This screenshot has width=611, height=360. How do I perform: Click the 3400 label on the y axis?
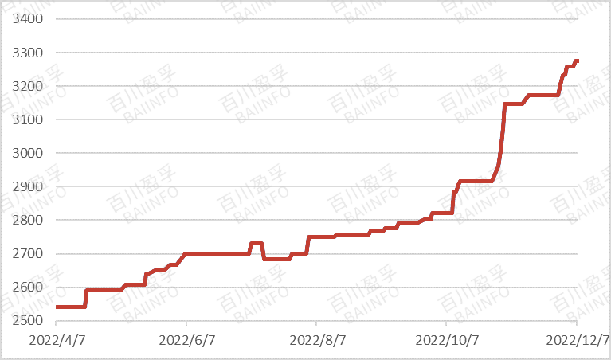[x=29, y=19]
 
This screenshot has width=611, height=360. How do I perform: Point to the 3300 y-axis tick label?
[x=29, y=53]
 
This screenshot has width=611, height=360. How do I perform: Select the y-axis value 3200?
[x=29, y=86]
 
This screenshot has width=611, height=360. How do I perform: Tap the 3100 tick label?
[x=29, y=119]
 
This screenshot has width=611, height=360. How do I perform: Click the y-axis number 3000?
[x=29, y=153]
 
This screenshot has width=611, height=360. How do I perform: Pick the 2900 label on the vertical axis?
[x=29, y=187]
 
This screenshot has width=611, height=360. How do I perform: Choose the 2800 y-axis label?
[x=29, y=221]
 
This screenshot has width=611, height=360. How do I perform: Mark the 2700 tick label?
[x=29, y=254]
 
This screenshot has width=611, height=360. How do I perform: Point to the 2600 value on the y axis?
[x=29, y=288]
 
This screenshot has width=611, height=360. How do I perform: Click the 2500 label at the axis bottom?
[x=29, y=321]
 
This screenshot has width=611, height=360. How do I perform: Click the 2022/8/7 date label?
[x=316, y=340]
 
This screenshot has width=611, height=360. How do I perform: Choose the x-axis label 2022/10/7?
[x=446, y=340]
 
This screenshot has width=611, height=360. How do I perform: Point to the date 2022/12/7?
[x=577, y=340]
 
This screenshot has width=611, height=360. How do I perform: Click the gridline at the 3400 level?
[x=319, y=19]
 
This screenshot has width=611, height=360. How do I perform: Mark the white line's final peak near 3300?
[x=575, y=61]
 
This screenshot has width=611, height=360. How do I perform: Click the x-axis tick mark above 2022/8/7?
[x=316, y=323]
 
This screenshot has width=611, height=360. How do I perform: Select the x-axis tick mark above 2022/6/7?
[x=186, y=323]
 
